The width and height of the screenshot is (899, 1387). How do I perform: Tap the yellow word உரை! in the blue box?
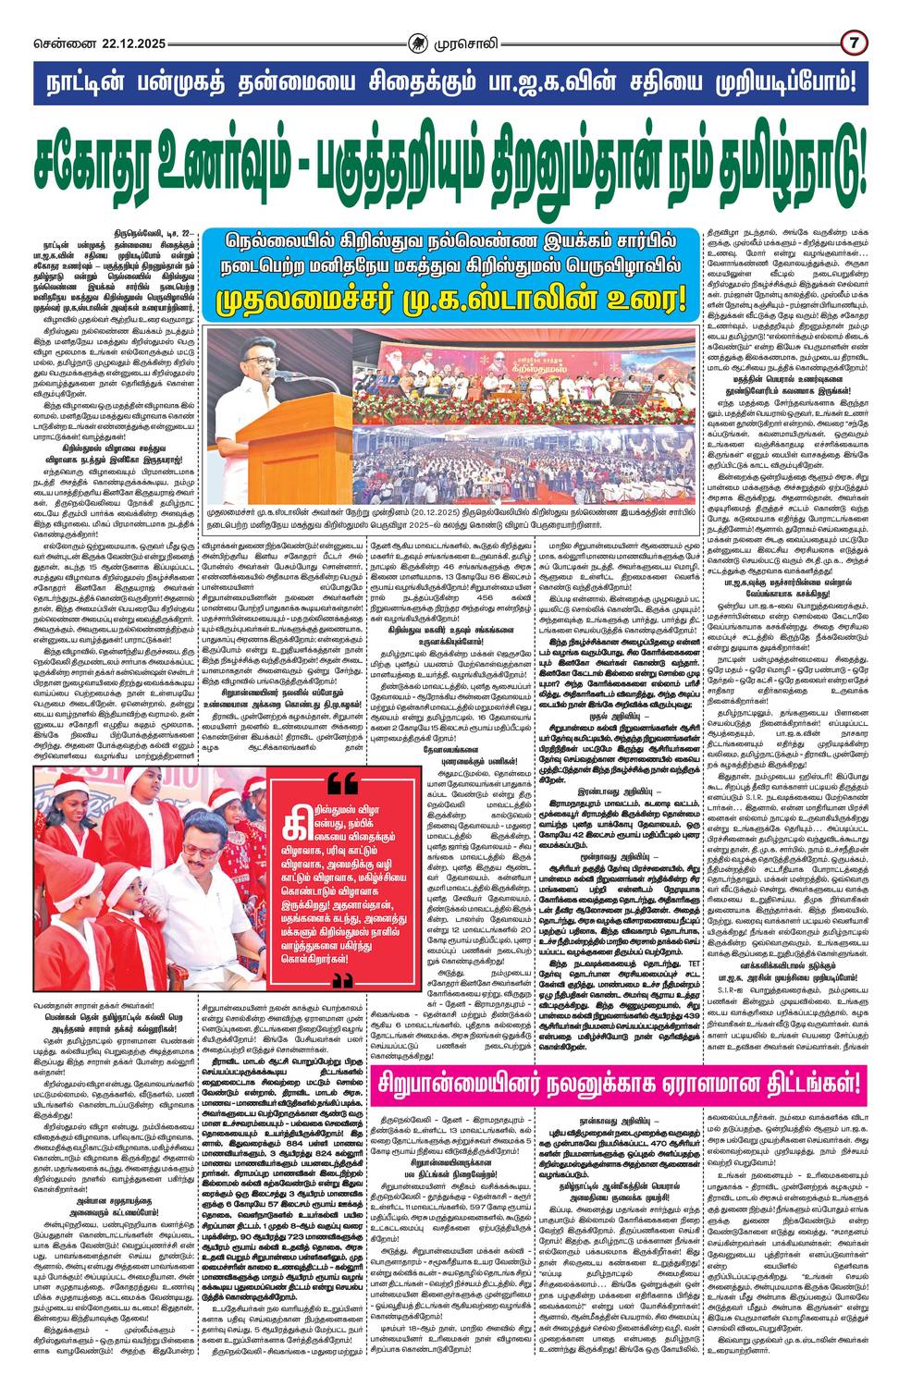click(642, 301)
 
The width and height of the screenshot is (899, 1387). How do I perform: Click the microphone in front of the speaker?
click(298, 378)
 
